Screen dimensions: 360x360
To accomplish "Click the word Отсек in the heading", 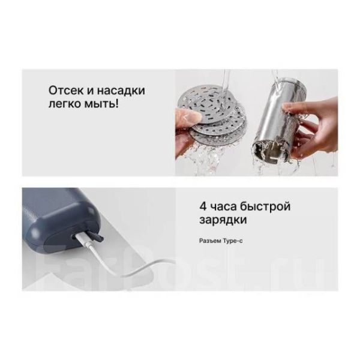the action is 65,90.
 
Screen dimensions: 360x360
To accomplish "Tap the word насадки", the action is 121,90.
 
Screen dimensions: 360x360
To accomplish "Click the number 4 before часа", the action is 203,206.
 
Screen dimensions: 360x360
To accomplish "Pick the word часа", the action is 223,206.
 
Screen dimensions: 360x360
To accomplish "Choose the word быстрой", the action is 265,206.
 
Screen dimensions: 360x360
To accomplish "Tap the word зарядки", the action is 223,220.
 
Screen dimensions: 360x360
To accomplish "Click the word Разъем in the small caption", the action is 210,241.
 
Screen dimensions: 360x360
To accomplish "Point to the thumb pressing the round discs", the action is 188,116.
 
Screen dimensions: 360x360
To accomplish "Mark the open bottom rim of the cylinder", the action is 269,152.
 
